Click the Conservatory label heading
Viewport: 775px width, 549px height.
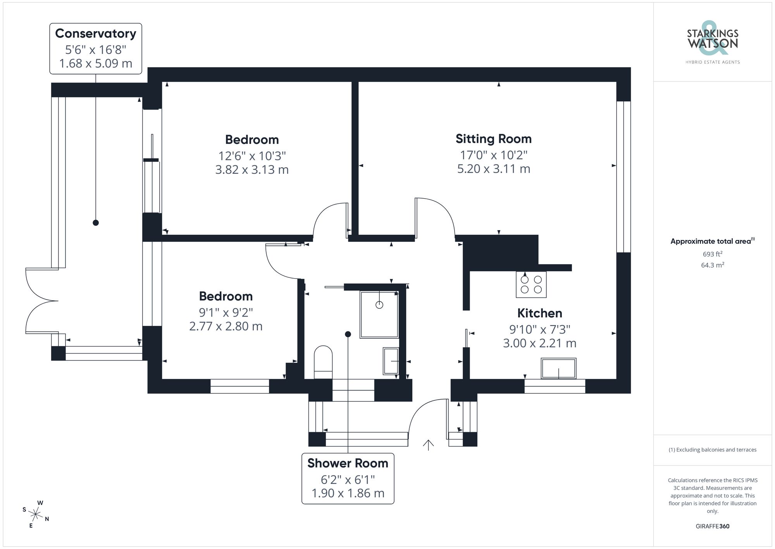coord(96,33)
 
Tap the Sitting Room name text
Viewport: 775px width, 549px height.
coord(493,139)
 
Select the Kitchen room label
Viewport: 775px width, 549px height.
coord(539,313)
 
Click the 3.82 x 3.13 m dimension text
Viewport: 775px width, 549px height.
coord(252,170)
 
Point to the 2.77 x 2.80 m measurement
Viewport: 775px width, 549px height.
coord(226,326)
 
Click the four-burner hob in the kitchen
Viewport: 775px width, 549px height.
coord(531,284)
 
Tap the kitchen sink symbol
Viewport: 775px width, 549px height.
coord(558,368)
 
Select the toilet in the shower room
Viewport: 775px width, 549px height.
coord(323,362)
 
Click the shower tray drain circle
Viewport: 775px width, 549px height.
coord(379,305)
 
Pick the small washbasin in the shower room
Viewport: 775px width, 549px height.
coord(391,361)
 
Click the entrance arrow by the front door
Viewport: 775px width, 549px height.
coord(428,445)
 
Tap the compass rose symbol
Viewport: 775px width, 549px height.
coord(36,515)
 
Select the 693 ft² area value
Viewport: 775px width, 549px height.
coord(712,254)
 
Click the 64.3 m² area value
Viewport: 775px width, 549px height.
coord(712,265)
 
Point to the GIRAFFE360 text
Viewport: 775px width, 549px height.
coord(712,526)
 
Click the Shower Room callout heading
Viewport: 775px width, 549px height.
coord(348,463)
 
